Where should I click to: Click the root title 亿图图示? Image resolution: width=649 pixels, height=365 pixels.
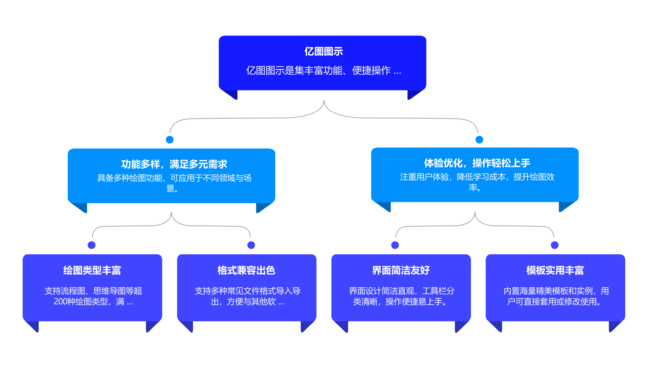pos(324,51)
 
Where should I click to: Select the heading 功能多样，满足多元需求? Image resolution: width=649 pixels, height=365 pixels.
pos(174,164)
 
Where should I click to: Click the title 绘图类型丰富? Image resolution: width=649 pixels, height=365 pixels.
pos(92,270)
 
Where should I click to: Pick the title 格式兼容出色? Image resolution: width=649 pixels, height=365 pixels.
pos(246,270)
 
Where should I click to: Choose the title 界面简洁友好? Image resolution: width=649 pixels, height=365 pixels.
pos(401,270)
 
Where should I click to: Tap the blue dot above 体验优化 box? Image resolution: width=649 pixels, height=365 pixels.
pos(479,140)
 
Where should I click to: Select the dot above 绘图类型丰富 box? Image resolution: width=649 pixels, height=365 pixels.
pos(92,245)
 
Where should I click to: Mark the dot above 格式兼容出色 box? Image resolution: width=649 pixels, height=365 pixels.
pos(251,245)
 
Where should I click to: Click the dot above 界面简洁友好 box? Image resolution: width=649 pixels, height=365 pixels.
pos(395,245)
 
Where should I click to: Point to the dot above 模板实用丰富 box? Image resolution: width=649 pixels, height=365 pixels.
pos(555,245)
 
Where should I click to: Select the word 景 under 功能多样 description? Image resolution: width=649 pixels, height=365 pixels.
pos(170,188)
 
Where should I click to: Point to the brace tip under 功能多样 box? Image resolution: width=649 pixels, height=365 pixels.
pos(171,213)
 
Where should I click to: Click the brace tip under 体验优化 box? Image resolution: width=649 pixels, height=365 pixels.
pos(475,213)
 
